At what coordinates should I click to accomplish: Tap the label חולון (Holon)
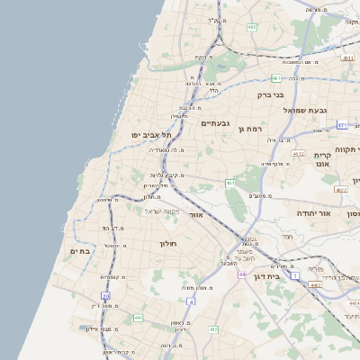coord(168,243)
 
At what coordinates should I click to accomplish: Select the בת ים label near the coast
coord(80,251)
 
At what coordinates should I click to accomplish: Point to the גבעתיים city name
coord(216,122)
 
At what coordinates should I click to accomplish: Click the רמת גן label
coord(249,129)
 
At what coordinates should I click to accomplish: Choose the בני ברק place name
coord(270,94)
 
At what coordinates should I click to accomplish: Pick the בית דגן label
coord(288,276)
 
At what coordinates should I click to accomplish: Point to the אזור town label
coord(196,215)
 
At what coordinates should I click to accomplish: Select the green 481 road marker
coord(275,78)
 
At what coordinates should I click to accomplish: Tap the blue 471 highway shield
coord(342,125)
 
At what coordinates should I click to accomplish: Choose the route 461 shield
coord(231,184)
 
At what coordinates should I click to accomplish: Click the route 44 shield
coord(241,274)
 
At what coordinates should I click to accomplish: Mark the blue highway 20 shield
coord(105,295)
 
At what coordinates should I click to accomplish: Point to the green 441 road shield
coord(138,318)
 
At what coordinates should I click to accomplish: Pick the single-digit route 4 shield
coord(191,301)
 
